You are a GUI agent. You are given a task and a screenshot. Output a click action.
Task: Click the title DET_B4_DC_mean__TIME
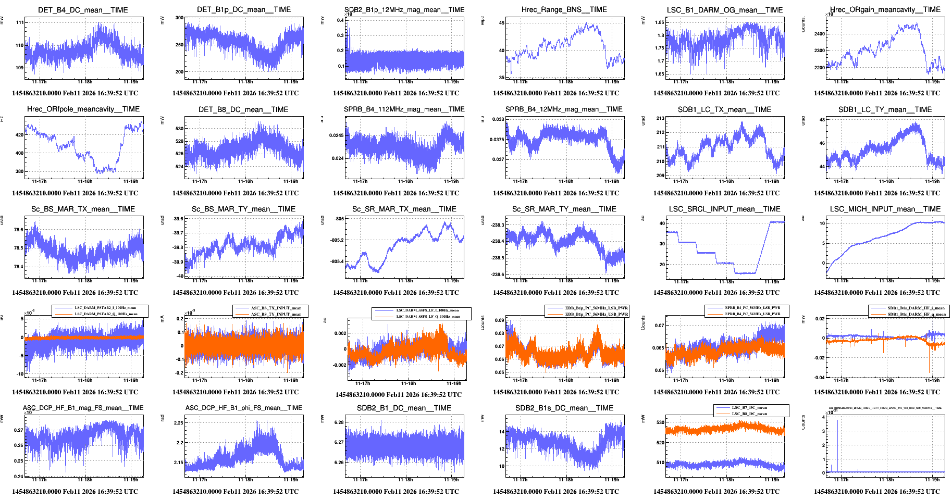(83, 10)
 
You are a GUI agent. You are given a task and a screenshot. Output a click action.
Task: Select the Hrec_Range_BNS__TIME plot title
(564, 9)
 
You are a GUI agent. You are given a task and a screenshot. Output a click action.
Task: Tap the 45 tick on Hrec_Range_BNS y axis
(502, 23)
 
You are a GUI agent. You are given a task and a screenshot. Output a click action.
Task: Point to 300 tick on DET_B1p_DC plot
(179, 18)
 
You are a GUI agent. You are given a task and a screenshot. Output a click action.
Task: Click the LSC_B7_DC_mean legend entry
(749, 408)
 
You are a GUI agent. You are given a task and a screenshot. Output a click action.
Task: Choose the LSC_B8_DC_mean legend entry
(749, 414)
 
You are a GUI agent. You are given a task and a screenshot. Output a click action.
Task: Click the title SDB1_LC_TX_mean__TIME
(724, 109)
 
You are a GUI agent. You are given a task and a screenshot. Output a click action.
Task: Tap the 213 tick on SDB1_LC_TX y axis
(660, 118)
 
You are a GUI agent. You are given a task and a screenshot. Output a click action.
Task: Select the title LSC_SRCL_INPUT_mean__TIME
(724, 209)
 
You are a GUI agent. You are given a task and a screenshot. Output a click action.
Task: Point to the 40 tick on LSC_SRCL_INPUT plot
(662, 223)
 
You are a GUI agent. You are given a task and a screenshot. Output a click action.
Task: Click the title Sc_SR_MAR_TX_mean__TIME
(404, 209)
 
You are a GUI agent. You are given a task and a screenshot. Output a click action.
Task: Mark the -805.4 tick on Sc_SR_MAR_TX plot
(337, 261)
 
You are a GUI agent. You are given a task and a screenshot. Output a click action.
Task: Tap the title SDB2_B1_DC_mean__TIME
(404, 408)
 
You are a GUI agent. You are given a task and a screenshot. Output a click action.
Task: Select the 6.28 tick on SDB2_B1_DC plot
(339, 422)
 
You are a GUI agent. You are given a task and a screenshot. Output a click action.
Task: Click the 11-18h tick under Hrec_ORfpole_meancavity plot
(85, 181)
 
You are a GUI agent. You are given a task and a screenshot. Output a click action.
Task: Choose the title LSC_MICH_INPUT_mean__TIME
(885, 209)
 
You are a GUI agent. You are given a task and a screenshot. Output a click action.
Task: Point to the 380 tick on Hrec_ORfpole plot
(19, 171)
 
